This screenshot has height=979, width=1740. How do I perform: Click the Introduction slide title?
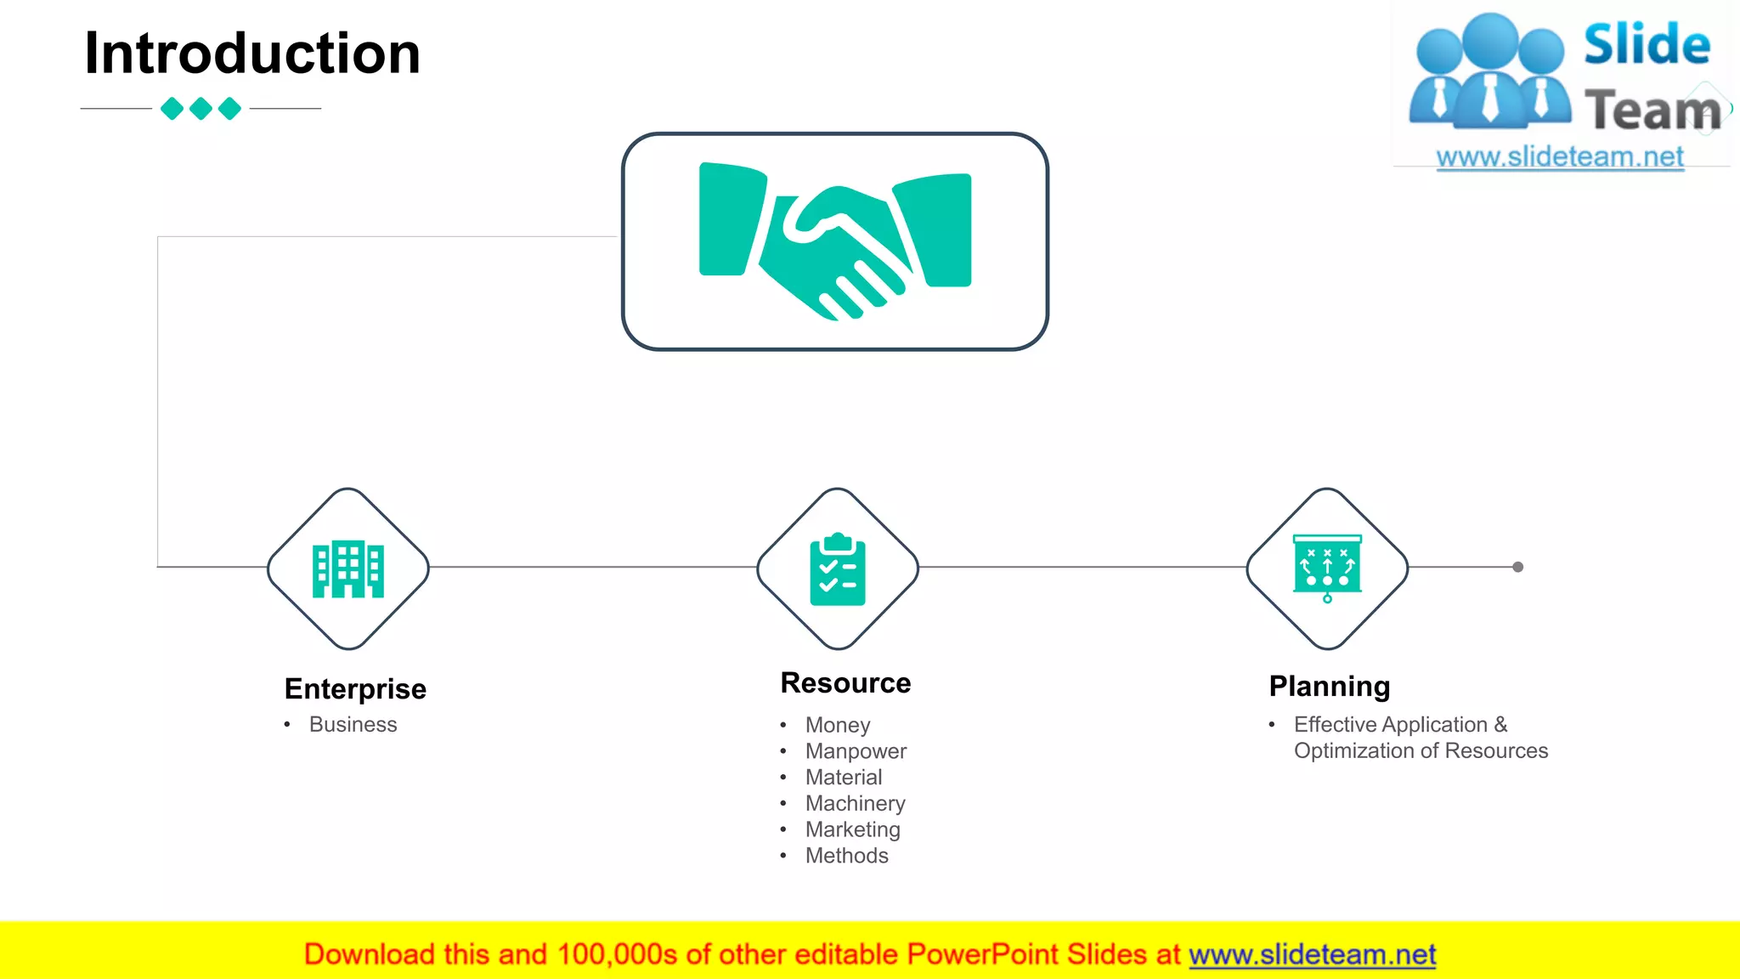pyautogui.click(x=252, y=54)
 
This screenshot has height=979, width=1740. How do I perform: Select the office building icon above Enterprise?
pyautogui.click(x=348, y=569)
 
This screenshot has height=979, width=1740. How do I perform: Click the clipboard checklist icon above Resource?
pyautogui.click(x=838, y=569)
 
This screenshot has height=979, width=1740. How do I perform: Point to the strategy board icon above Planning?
pyautogui.click(x=1327, y=567)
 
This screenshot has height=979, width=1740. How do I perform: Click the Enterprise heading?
pyautogui.click(x=355, y=688)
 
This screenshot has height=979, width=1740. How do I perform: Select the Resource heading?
pyautogui.click(x=845, y=683)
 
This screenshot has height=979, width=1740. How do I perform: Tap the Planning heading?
pyautogui.click(x=1330, y=686)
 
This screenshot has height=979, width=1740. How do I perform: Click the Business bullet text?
pyautogui.click(x=353, y=725)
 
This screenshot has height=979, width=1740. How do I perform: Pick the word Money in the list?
pyautogui.click(x=838, y=725)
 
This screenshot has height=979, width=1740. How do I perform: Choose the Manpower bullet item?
pyautogui.click(x=856, y=751)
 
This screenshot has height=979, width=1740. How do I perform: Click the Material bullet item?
pyautogui.click(x=844, y=778)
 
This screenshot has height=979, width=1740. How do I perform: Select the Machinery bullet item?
pyautogui.click(x=855, y=804)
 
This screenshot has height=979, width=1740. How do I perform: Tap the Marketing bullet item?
pyautogui.click(x=852, y=829)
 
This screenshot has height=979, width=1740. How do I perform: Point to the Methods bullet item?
pyautogui.click(x=846, y=856)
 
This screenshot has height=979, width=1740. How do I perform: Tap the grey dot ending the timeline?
pyautogui.click(x=1518, y=567)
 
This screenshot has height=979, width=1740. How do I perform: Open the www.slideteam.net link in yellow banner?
pyautogui.click(x=1312, y=955)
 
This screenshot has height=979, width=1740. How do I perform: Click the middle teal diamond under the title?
pyautogui.click(x=201, y=109)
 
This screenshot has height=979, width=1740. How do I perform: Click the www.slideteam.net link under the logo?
pyautogui.click(x=1560, y=157)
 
